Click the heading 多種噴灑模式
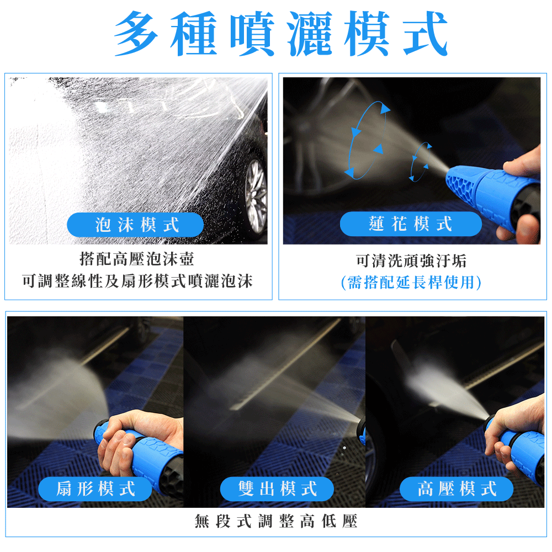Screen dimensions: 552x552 [280, 34]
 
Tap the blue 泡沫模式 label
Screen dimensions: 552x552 [135, 225]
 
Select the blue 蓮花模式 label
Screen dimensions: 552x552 [411, 224]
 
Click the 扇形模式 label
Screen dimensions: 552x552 [95, 489]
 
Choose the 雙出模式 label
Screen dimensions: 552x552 [277, 489]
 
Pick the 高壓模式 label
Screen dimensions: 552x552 [457, 489]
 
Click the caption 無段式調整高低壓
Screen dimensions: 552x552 [276, 521]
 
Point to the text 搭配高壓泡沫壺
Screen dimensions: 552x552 [136, 259]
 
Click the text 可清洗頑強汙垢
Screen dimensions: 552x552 [411, 261]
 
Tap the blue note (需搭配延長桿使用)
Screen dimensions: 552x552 [411, 282]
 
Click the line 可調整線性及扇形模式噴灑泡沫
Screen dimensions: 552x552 [137, 281]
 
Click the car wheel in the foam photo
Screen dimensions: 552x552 [256, 197]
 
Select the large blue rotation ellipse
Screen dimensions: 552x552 [368, 140]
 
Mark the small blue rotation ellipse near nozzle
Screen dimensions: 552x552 [420, 162]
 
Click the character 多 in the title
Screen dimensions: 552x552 [136, 34]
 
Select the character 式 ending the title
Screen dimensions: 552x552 [425, 34]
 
